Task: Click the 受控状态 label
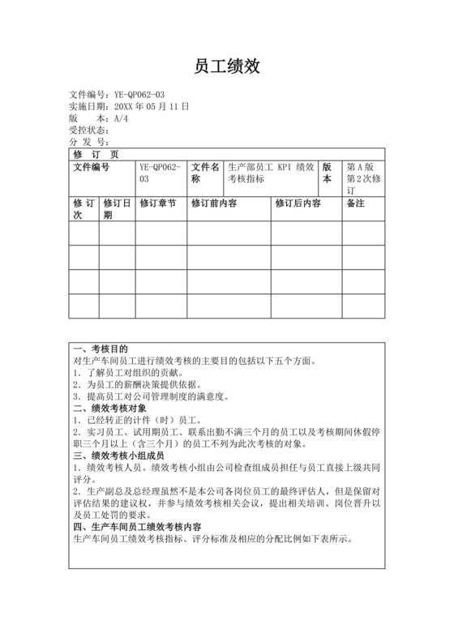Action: tap(88, 130)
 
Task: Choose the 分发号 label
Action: tap(88, 142)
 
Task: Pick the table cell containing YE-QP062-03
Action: tap(160, 173)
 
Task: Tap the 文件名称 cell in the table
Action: tap(205, 173)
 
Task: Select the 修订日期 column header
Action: tap(117, 209)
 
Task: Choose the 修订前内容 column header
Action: tap(214, 203)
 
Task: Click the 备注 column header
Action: tap(356, 203)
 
